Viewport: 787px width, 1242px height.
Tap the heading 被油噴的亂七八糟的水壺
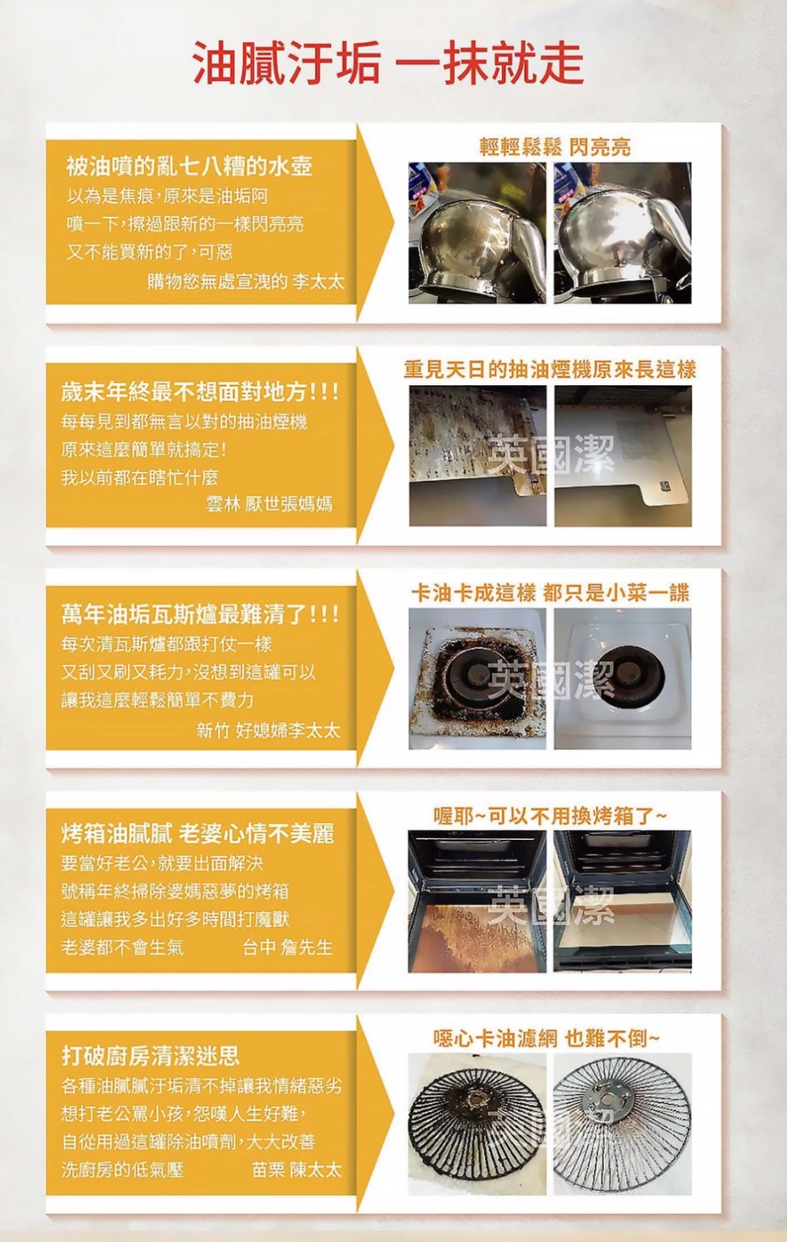click(x=189, y=166)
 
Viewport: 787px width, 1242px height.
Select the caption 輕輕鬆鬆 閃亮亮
click(x=555, y=147)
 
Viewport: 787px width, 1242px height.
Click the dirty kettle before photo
click(x=478, y=233)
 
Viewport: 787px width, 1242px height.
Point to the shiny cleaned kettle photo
click(x=623, y=233)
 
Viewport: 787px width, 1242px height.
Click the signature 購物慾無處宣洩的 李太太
click(x=246, y=281)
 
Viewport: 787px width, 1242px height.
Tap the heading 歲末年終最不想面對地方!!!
click(x=200, y=392)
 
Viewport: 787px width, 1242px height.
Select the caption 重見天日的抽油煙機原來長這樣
click(x=550, y=370)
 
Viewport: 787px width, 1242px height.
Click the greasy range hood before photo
click(x=478, y=456)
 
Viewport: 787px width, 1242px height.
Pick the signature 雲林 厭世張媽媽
click(x=269, y=504)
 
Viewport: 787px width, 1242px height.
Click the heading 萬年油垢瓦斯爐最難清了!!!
click(x=200, y=614)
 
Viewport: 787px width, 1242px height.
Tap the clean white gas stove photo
click(x=623, y=679)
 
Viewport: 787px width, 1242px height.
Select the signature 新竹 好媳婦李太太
click(x=268, y=730)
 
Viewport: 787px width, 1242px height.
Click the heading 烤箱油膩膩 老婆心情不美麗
click(x=198, y=834)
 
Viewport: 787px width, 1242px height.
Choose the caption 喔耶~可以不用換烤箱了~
click(x=550, y=816)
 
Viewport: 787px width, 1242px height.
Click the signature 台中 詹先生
click(x=288, y=947)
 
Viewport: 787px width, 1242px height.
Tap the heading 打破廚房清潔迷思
click(x=151, y=1057)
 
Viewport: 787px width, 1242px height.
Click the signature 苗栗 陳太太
click(x=297, y=1170)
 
